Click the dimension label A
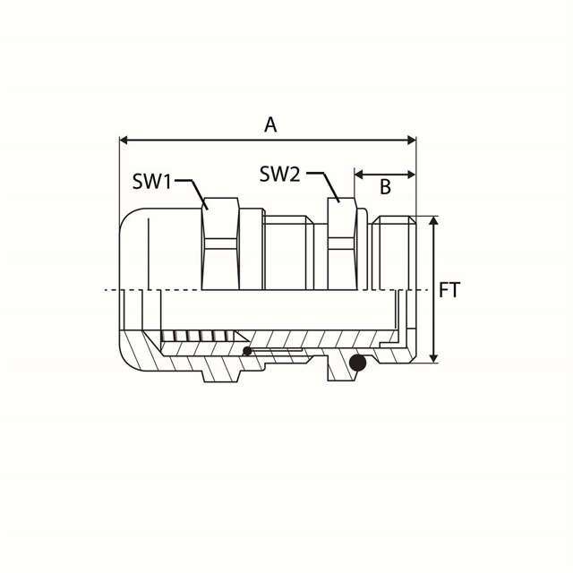pyautogui.click(x=270, y=124)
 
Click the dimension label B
pyautogui.click(x=386, y=187)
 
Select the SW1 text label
pyautogui.click(x=152, y=182)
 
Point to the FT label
pyautogui.click(x=449, y=290)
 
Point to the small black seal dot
pyautogui.click(x=248, y=350)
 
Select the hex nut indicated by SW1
pyautogui.click(x=219, y=244)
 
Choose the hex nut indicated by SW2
pyautogui.click(x=342, y=244)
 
